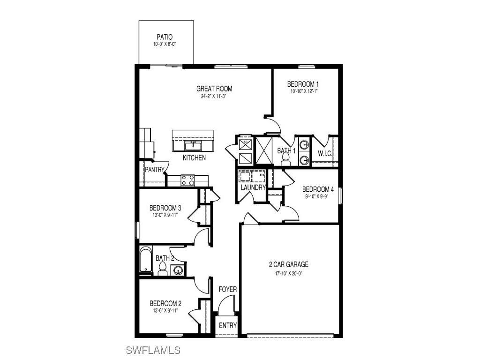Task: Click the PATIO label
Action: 164,37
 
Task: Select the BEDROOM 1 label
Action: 303,84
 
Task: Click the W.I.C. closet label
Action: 325,153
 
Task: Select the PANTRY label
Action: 154,169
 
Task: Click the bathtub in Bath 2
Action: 146,260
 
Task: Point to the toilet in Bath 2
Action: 162,269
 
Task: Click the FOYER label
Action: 228,289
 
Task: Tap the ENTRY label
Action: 228,326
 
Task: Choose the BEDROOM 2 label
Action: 165,303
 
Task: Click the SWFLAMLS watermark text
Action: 153,350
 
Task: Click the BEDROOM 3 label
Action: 165,208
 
